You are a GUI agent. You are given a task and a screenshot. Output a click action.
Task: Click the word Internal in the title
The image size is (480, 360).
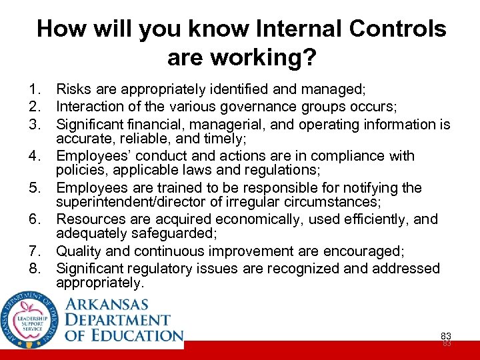(287, 29)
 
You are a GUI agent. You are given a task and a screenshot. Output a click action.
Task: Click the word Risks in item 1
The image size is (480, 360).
(73, 88)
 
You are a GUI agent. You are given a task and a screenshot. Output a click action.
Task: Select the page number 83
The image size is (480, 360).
(446, 335)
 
